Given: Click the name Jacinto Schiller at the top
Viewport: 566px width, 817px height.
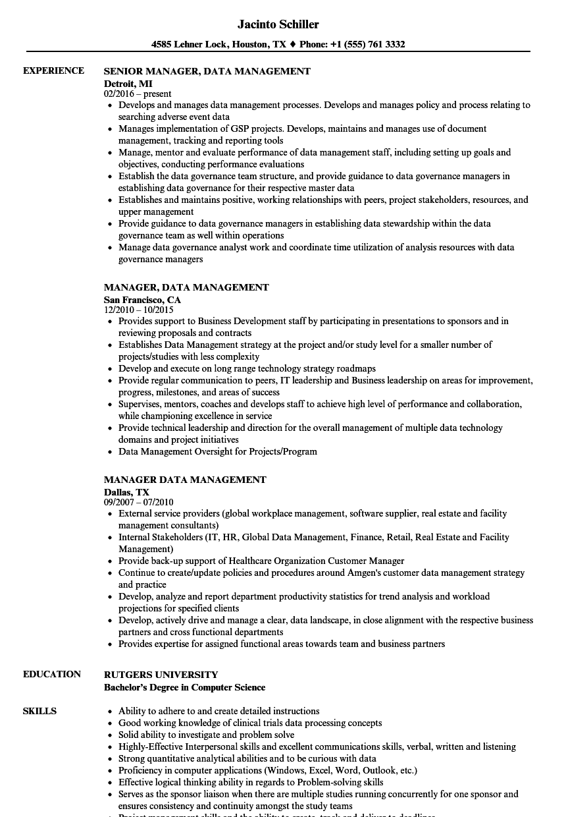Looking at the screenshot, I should tap(278, 24).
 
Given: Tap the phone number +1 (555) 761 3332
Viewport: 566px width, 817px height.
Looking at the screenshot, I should tap(367, 45).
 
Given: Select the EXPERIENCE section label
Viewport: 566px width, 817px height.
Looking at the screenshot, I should tap(53, 70).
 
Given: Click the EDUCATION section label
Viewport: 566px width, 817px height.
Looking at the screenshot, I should tap(52, 674).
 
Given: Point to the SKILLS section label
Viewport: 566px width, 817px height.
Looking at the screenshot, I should tap(39, 711).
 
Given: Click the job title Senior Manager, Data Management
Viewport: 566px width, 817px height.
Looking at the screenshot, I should tap(207, 71).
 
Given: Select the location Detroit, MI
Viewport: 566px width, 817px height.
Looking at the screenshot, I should tap(128, 84).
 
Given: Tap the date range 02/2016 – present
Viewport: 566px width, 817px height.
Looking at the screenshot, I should tap(138, 94).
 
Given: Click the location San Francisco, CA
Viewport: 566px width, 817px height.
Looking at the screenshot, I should tap(142, 300).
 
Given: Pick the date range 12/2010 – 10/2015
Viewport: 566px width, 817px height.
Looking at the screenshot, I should tap(138, 310).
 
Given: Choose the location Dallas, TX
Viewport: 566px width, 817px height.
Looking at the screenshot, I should tap(126, 492).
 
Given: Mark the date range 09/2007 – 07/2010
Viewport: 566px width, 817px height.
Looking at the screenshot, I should tap(138, 503).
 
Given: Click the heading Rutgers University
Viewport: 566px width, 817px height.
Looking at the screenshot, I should tap(161, 675).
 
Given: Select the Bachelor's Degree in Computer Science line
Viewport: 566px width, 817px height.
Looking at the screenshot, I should tap(184, 687).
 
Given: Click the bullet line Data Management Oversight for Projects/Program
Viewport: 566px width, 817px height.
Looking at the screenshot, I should tap(217, 451).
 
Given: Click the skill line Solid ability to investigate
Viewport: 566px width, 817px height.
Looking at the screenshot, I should tap(206, 735).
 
